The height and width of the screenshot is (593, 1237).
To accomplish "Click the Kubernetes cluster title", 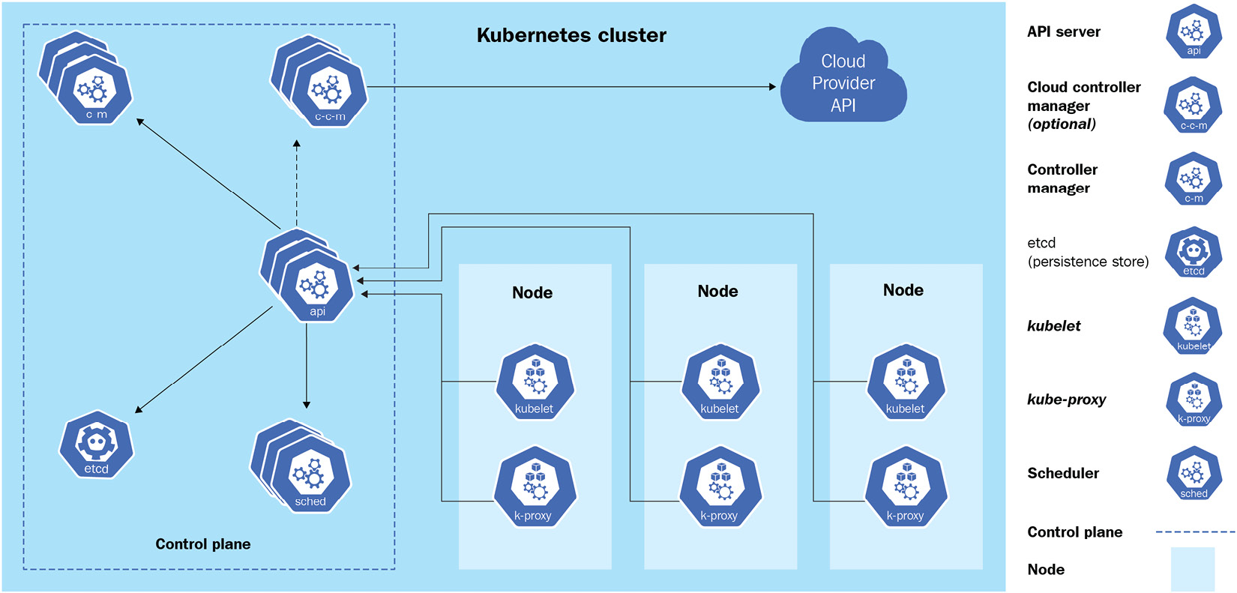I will click(571, 35).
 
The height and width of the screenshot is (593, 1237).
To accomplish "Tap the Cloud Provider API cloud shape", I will click(843, 79).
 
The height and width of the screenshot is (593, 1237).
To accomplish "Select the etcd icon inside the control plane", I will click(96, 445).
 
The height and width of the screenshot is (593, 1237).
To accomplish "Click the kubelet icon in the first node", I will click(535, 382).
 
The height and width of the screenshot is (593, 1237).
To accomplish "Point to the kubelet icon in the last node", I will click(906, 382).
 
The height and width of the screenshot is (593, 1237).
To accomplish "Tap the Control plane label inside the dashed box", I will click(202, 544).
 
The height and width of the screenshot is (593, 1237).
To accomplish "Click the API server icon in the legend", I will click(1194, 31).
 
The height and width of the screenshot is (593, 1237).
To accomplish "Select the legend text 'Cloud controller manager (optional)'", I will click(1084, 106).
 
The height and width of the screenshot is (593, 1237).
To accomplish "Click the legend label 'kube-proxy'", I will click(1066, 400).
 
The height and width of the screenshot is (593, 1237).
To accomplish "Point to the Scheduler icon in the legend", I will click(1194, 473).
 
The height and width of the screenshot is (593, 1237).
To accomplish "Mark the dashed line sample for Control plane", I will click(1195, 532).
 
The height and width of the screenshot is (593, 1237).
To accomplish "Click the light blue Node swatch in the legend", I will click(1192, 569).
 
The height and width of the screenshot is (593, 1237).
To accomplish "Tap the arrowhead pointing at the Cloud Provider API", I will click(772, 87).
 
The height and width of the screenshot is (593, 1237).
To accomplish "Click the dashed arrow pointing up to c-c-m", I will click(297, 180).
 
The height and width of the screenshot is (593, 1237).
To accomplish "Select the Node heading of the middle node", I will click(717, 292).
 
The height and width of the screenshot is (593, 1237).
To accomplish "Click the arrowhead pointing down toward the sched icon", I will click(307, 405).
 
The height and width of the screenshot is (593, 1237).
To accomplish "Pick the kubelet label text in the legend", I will click(1053, 326).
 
